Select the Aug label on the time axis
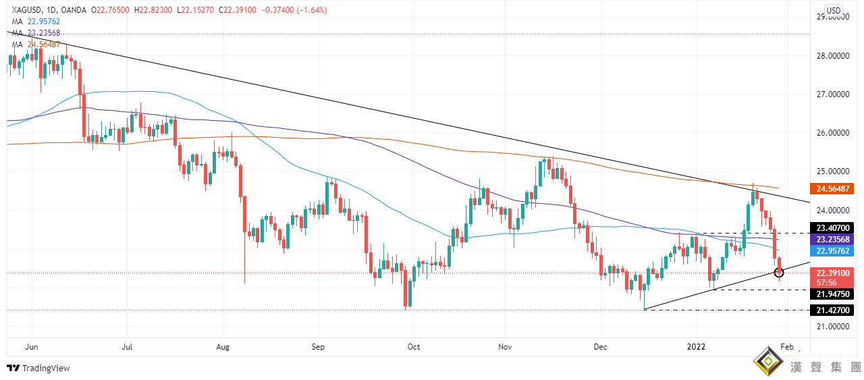pos(224,347)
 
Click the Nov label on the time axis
pos(505,347)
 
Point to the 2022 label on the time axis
pos(697,347)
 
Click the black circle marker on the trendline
pos(779,272)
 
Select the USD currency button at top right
pos(834,10)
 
